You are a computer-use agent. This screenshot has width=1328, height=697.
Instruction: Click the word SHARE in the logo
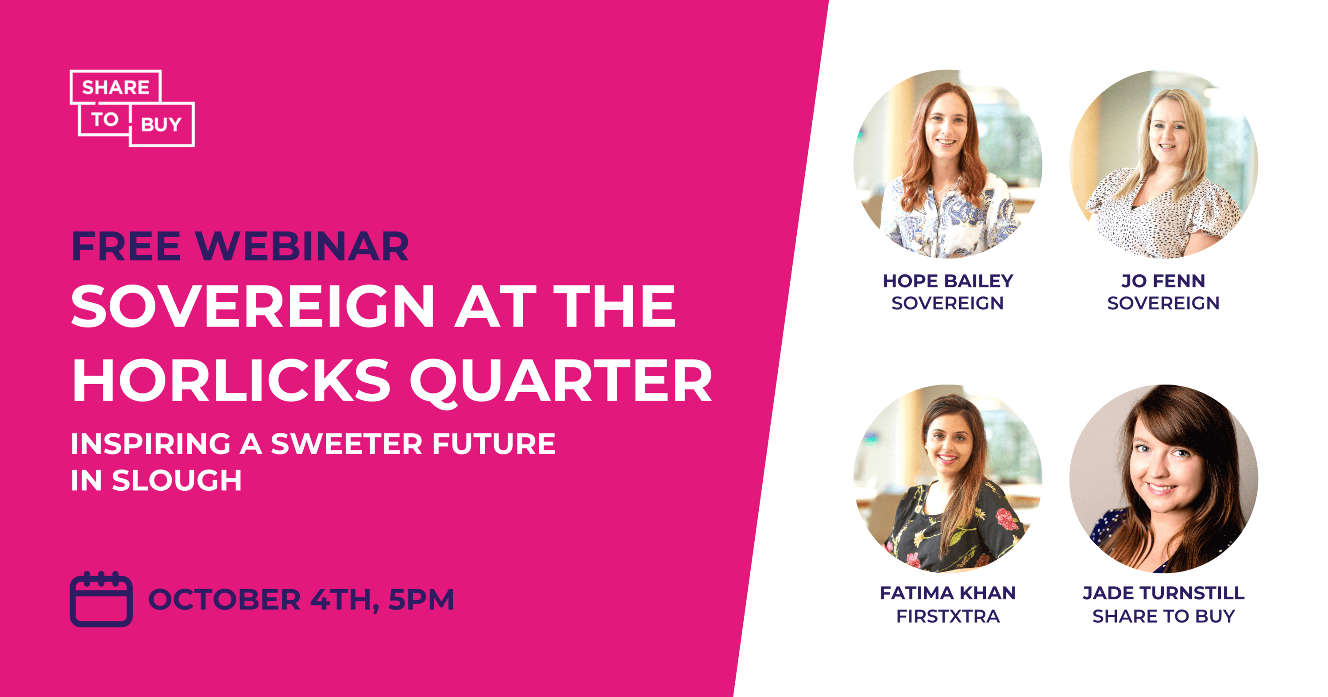point(116,88)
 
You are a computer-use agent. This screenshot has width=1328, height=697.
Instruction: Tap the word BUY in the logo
point(162,124)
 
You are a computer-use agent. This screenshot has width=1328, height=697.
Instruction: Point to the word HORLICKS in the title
point(232,381)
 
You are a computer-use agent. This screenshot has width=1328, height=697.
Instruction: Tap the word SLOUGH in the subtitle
point(177,480)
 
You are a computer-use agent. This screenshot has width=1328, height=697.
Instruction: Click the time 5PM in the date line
point(421,600)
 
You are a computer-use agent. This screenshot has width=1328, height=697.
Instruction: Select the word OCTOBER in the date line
point(224,600)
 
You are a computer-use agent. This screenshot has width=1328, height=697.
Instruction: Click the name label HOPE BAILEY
point(948,281)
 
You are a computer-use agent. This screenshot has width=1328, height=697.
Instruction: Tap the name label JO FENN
point(1163,281)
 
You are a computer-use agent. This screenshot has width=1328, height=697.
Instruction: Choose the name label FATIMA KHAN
point(948,593)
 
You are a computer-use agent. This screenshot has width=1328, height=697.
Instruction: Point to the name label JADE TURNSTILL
point(1163,593)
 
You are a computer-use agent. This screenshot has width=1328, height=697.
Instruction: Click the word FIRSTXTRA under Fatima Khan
point(948,616)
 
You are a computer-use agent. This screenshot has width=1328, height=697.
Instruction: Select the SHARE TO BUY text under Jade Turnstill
point(1163,616)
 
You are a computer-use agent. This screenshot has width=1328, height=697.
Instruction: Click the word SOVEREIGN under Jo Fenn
point(1163,303)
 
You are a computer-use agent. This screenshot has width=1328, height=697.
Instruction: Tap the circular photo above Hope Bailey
point(948,164)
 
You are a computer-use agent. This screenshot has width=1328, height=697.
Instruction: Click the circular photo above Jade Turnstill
point(1163,478)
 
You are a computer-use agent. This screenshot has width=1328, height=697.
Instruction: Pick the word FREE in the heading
point(126,246)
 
